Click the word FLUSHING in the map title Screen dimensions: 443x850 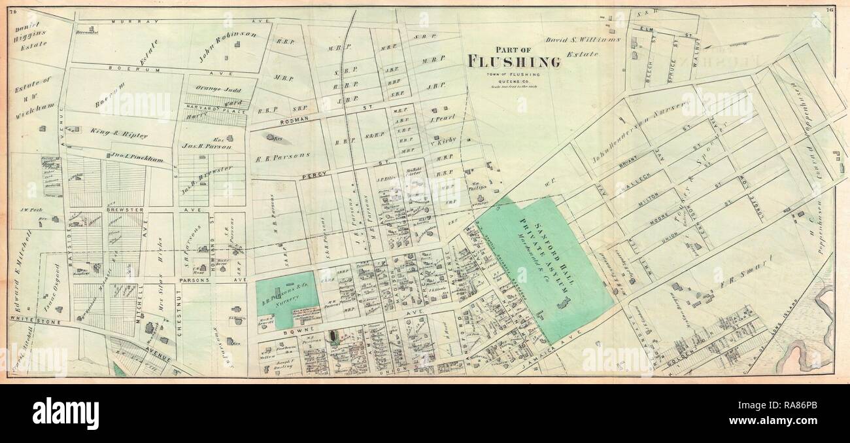pos(513,62)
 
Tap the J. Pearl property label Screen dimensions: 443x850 pos(442,120)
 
